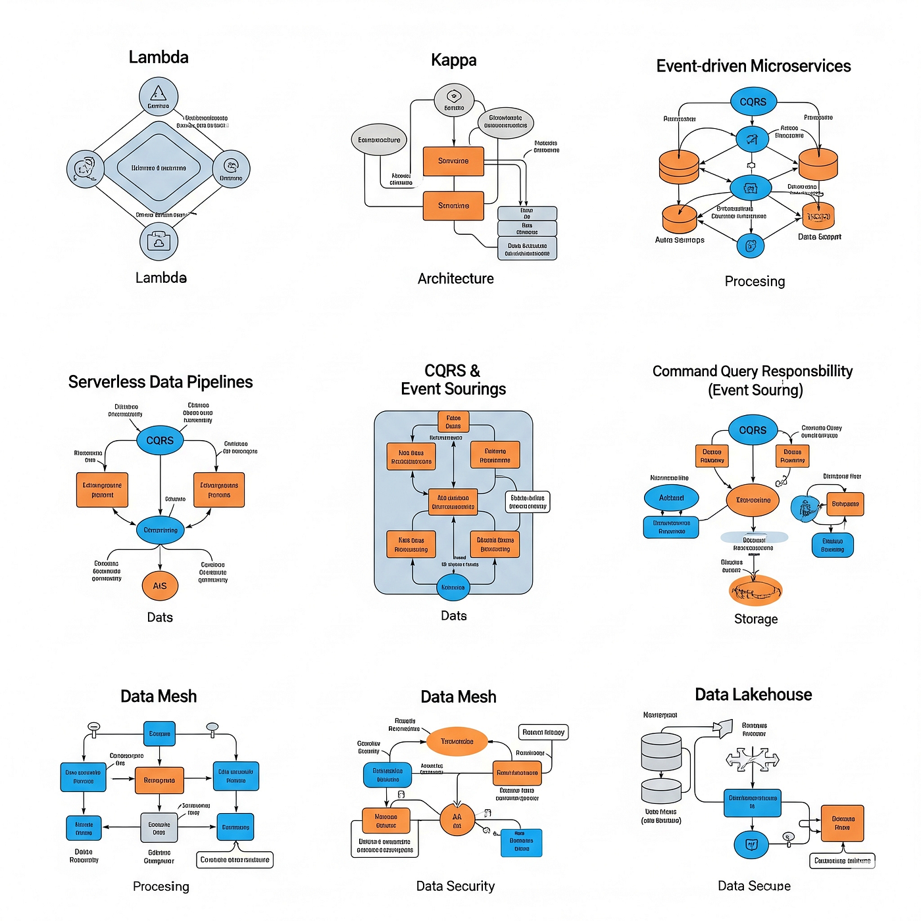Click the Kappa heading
[x=453, y=61]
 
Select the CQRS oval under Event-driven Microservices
[x=753, y=102]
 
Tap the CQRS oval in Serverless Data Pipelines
[x=160, y=440]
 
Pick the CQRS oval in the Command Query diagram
[x=753, y=430]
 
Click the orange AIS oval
[x=160, y=585]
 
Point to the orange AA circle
[x=457, y=820]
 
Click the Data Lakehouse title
[x=753, y=695]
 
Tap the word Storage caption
[x=756, y=619]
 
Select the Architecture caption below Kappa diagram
[x=455, y=279]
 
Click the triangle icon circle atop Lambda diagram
[x=159, y=96]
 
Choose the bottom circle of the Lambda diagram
[x=159, y=241]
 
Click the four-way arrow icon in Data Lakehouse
[x=752, y=759]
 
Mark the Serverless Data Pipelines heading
[x=161, y=382]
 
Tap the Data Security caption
[x=455, y=886]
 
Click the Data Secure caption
[x=754, y=886]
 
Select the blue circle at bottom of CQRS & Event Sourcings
[x=453, y=587]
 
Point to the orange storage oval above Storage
[x=755, y=591]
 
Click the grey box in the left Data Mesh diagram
[x=159, y=828]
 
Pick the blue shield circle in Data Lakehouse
[x=751, y=844]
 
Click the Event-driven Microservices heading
[x=753, y=66]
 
